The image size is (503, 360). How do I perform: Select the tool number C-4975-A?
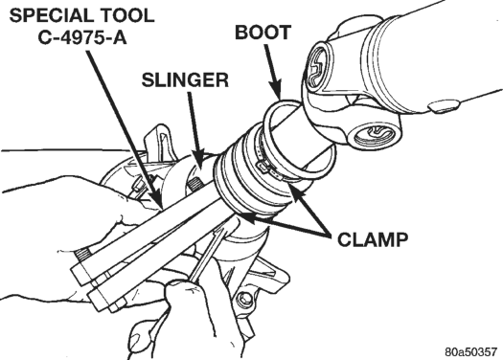click(x=82, y=37)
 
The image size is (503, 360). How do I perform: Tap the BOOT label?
click(x=263, y=33)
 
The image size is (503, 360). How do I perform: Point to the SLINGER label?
click(x=185, y=79)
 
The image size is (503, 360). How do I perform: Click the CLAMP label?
click(x=373, y=239)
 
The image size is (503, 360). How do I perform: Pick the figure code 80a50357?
click(x=470, y=351)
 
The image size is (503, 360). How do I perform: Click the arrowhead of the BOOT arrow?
click(x=276, y=90)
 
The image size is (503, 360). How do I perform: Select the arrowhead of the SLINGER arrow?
click(x=199, y=158)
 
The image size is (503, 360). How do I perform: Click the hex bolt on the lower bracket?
click(x=244, y=300)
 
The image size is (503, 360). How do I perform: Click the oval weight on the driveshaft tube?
click(x=444, y=105)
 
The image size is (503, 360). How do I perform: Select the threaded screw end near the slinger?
click(x=194, y=185)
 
